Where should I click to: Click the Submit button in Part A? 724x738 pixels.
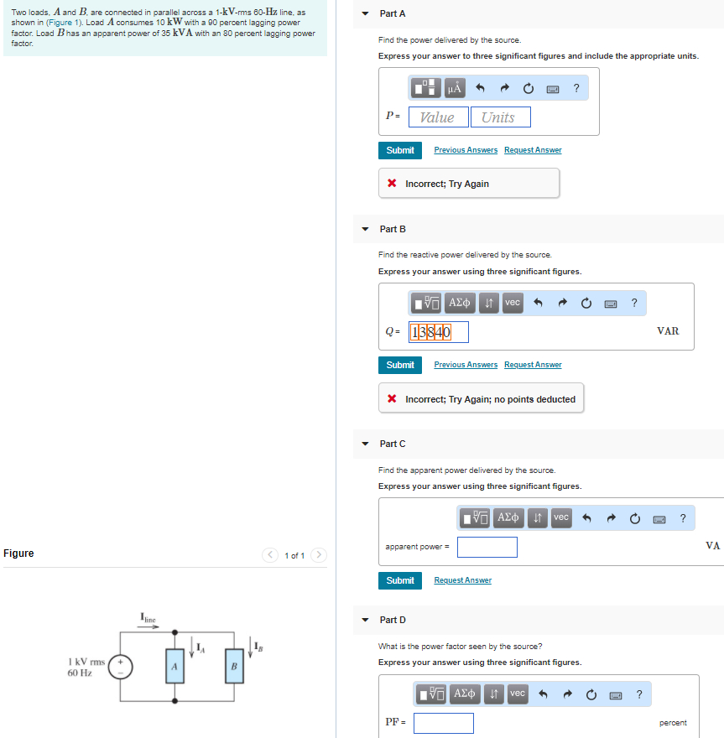400,150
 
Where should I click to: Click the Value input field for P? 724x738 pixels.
438,117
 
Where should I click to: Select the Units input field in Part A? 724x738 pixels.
500,117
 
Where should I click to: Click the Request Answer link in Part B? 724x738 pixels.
533,365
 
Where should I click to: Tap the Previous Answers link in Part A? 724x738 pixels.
466,150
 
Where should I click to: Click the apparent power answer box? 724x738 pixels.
487,548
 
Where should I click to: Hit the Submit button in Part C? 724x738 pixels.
400,580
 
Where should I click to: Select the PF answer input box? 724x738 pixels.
443,723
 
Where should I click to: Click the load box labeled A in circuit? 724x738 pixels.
174,667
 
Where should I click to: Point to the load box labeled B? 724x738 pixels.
234,667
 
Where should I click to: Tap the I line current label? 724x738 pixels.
148,618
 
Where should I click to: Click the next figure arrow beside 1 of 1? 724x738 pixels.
320,555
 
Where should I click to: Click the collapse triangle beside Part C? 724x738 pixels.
365,444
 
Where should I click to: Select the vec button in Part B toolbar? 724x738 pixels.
513,302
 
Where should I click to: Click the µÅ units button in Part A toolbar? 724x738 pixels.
455,87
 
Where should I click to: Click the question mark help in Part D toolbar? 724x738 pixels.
640,694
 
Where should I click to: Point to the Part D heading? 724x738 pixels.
393,620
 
